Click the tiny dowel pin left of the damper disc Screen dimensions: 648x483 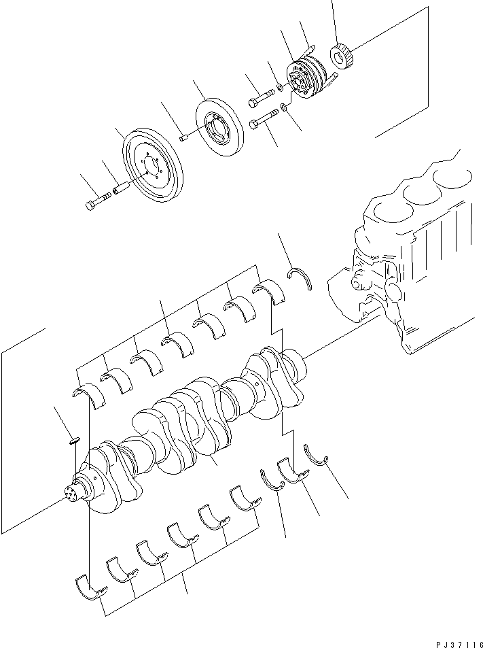point(183,139)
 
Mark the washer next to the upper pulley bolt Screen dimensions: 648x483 point(281,88)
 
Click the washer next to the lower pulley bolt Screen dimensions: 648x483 point(285,107)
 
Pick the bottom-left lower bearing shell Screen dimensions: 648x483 point(89,589)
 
